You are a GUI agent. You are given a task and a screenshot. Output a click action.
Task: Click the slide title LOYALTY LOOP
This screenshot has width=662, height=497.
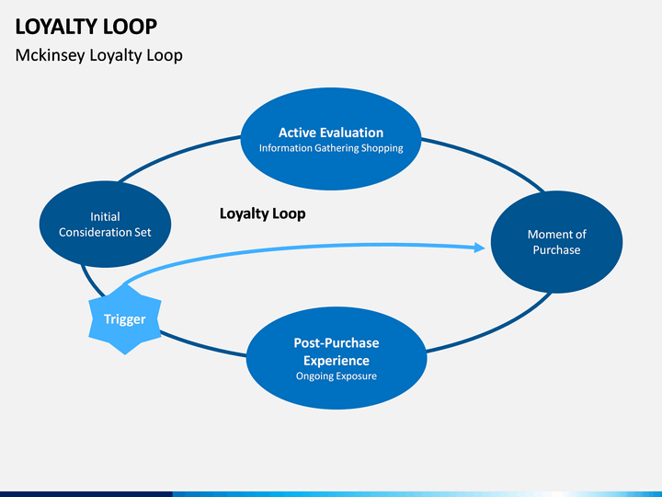pos(86,27)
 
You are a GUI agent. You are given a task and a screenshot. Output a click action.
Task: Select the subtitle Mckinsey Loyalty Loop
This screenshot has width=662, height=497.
pos(98,55)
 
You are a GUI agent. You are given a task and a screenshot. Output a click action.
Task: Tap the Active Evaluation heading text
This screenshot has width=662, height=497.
pos(331,133)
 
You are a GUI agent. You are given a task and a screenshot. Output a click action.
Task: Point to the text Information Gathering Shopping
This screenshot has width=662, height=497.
pos(331,148)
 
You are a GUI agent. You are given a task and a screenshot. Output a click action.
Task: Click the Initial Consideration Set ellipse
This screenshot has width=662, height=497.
pos(105,224)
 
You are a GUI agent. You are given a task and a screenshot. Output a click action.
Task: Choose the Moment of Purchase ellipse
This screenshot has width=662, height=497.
pos(556,242)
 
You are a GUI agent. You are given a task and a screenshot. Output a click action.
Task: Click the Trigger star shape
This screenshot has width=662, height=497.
pos(125,319)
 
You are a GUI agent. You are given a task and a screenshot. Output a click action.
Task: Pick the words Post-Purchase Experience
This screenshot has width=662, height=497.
pos(337,352)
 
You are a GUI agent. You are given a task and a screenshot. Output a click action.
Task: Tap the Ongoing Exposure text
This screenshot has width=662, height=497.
pos(337,376)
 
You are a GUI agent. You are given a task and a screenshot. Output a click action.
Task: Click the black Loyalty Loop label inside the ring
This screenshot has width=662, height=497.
pos(263,214)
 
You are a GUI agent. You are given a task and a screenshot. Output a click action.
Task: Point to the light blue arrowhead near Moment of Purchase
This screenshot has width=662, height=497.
pos(480,248)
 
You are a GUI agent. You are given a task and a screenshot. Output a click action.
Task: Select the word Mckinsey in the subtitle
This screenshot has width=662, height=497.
pos(50,55)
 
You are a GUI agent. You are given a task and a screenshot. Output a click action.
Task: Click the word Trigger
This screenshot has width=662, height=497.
pos(125,319)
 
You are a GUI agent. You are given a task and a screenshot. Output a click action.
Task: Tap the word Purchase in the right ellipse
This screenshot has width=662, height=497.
pos(556,249)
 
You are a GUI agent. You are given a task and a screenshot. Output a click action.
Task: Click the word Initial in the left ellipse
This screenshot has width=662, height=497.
pos(105,216)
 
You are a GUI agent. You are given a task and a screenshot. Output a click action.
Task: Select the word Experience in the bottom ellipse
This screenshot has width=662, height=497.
pos(337,361)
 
